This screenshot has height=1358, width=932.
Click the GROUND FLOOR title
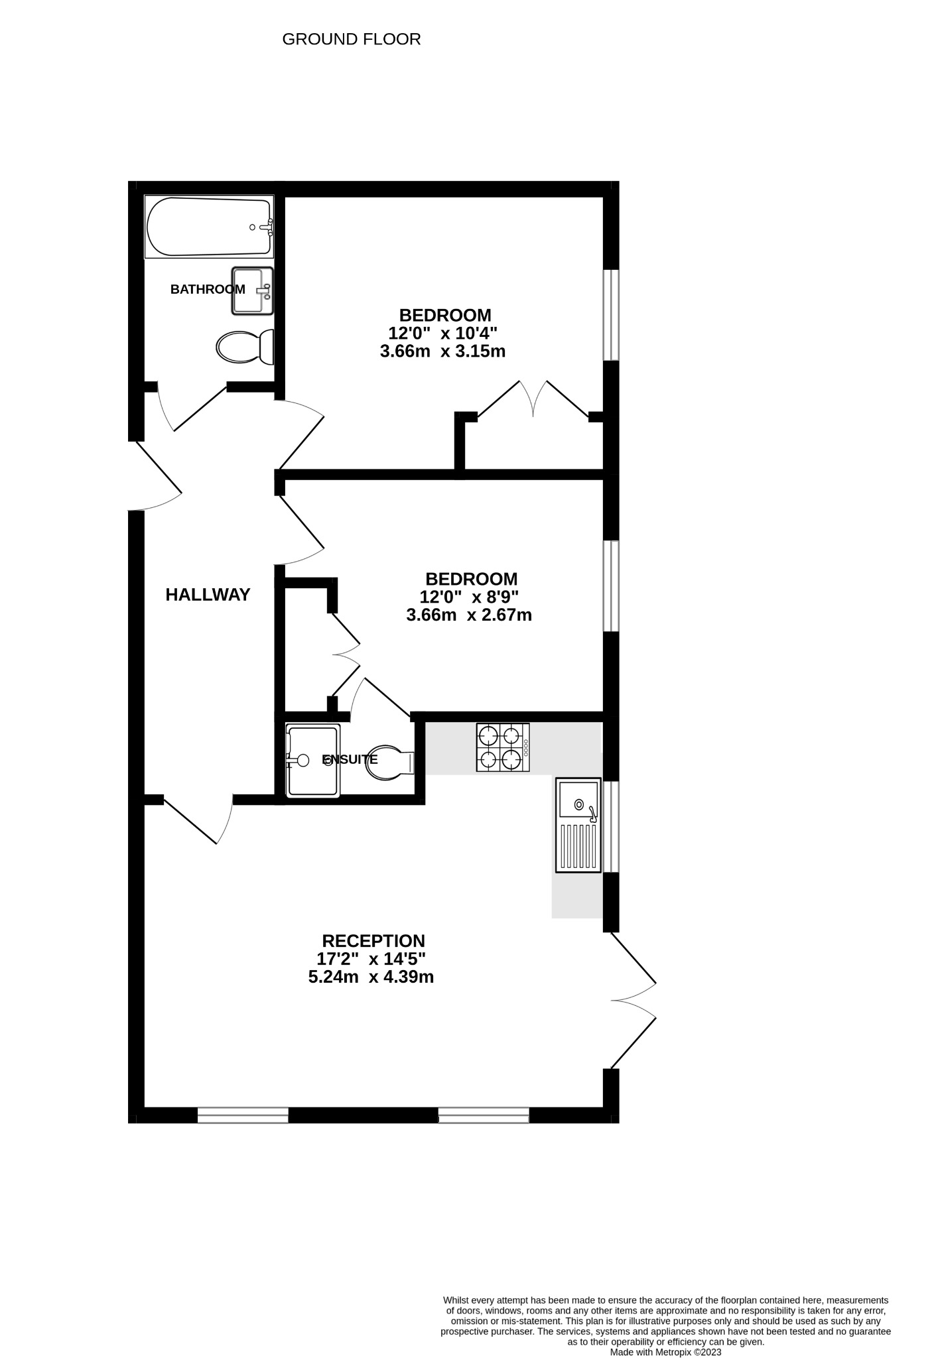click(x=351, y=39)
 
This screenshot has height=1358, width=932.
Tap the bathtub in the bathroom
click(x=209, y=227)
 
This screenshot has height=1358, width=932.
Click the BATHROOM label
click(x=208, y=289)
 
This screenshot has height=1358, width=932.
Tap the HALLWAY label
click(x=208, y=595)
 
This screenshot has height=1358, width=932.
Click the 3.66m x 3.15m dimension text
click(x=442, y=351)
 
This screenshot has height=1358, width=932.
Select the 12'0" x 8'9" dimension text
click(x=469, y=597)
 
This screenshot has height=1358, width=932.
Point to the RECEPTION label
click(x=373, y=941)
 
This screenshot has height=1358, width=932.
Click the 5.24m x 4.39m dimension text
click(x=371, y=977)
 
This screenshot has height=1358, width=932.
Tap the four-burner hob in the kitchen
click(x=502, y=747)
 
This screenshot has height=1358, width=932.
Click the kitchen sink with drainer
click(x=578, y=825)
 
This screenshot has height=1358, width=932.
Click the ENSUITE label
click(x=350, y=760)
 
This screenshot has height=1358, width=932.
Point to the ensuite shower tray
click(x=312, y=761)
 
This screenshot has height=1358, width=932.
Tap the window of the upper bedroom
click(x=611, y=314)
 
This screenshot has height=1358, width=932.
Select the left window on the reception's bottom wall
click(x=243, y=1115)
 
